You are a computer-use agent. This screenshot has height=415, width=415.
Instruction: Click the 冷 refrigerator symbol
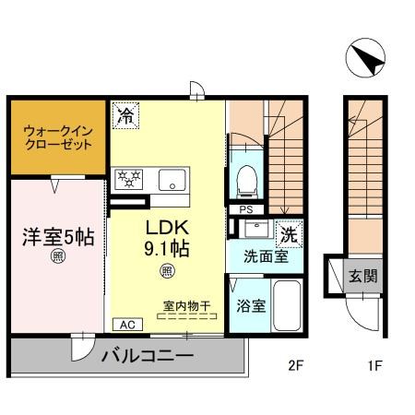pyautogui.click(x=126, y=117)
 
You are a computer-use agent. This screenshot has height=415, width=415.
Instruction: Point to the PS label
pyautogui.click(x=245, y=209)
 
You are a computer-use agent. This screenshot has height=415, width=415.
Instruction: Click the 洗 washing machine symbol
pyautogui.click(x=289, y=235)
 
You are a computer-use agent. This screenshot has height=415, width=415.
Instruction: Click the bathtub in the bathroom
pyautogui.click(x=286, y=308)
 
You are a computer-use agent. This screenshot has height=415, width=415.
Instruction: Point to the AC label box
pyautogui.click(x=125, y=325)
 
